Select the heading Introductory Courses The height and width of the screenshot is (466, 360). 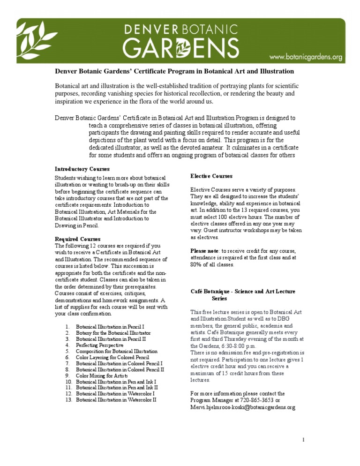point(82,168)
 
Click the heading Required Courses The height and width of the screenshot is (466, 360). point(77,239)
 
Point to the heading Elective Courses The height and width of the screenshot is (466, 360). point(211,176)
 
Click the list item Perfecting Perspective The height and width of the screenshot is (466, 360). point(99,345)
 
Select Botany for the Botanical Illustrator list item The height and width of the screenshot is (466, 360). point(113,332)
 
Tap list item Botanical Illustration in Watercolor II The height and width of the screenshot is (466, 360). point(116,400)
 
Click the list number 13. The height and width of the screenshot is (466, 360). point(67,400)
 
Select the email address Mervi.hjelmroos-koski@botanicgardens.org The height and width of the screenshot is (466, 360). point(242,407)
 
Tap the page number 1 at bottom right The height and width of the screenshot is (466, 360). point(304,440)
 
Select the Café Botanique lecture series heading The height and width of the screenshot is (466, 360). point(242,294)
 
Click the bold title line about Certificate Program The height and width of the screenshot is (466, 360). point(174,71)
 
